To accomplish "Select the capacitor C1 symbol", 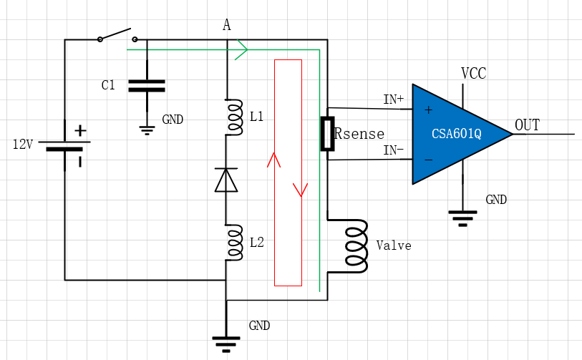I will coord(146,86).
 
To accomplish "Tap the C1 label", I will coord(108,86).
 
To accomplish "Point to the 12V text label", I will coord(23,145).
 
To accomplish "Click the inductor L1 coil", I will coord(233,117).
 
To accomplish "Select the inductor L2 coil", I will coord(233,243).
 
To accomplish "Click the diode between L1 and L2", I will coord(226,180).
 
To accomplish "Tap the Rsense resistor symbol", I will coord(327,134).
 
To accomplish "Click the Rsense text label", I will coord(359,134).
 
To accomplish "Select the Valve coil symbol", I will coord(355,245).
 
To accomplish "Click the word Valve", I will coord(394,245).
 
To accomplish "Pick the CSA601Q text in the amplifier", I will coord(456,134).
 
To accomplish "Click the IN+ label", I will coord(393,99).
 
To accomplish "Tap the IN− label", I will coord(393,150).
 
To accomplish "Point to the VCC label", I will coord(474,73).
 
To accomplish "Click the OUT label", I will coord(527,126).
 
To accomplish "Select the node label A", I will coord(227,26).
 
